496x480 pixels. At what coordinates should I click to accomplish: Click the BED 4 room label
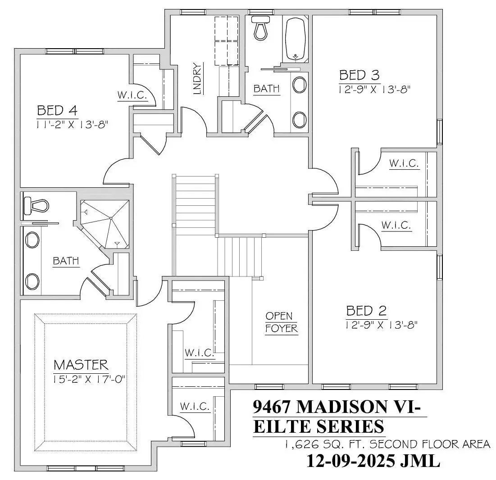pyautogui.click(x=57, y=111)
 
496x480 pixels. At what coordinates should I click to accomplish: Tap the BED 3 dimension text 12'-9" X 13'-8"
pyautogui.click(x=374, y=90)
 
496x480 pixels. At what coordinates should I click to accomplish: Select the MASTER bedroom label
pyautogui.click(x=81, y=365)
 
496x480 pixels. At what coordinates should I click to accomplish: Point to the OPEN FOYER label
pyautogui.click(x=281, y=322)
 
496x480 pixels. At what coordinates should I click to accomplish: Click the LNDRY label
pyautogui.click(x=197, y=79)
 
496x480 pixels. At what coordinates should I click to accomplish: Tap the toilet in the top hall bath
pyautogui.click(x=261, y=28)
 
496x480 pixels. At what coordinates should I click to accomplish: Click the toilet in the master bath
pyautogui.click(x=36, y=204)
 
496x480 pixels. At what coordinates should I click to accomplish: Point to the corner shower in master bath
pyautogui.click(x=105, y=224)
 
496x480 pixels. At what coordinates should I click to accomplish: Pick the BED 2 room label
pyautogui.click(x=367, y=311)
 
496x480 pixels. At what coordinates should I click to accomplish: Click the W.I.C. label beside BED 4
pyautogui.click(x=132, y=95)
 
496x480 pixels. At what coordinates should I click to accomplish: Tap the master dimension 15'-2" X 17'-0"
pyautogui.click(x=89, y=379)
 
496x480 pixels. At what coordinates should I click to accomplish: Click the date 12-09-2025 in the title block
pyautogui.click(x=351, y=461)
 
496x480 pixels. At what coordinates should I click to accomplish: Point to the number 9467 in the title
pyautogui.click(x=272, y=407)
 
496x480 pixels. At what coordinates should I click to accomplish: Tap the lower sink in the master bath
pyautogui.click(x=32, y=282)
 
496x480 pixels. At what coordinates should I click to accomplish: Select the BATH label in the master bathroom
pyautogui.click(x=66, y=261)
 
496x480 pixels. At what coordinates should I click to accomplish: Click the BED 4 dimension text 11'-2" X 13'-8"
pyautogui.click(x=73, y=125)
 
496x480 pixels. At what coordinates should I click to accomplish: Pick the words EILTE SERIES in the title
pyautogui.click(x=319, y=426)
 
